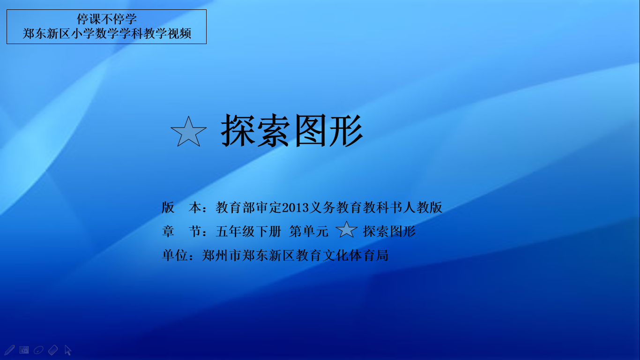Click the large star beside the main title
point(188,132)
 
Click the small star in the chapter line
point(346,230)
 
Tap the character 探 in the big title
point(238,130)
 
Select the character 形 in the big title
point(346,130)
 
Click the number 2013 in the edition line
point(296,208)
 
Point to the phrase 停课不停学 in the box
point(106,19)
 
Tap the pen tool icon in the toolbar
point(9,350)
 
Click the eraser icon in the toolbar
point(53,350)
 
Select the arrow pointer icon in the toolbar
point(68,350)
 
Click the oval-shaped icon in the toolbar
point(38,350)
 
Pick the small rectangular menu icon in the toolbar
point(24,350)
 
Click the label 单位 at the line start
point(175,255)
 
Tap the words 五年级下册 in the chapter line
point(248,231)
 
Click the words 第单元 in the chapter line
point(309,231)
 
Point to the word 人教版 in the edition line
point(423,208)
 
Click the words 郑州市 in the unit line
point(222,255)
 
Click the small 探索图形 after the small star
point(389,231)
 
